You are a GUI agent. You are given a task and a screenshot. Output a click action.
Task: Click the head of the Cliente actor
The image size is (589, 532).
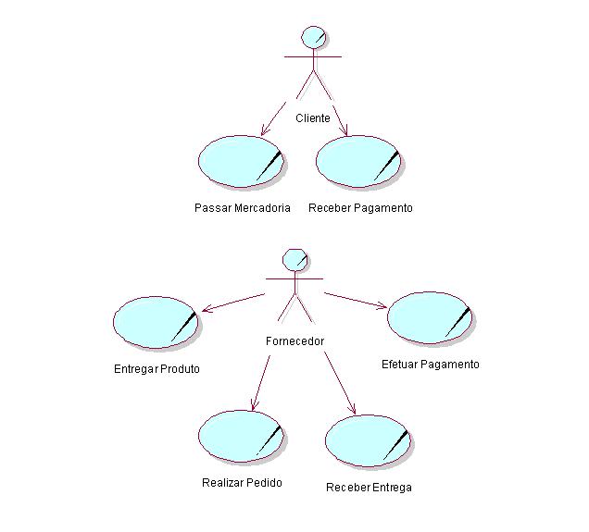click(x=314, y=37)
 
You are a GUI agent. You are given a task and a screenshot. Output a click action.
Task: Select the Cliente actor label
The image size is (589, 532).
click(x=313, y=118)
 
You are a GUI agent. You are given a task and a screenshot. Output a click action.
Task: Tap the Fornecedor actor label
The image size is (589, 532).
click(x=294, y=340)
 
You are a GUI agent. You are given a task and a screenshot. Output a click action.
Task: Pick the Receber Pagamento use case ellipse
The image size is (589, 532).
click(x=358, y=161)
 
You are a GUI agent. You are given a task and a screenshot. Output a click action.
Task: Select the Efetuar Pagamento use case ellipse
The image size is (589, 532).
click(x=430, y=317)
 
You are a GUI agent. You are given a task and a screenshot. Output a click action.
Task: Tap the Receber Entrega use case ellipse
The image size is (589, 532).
click(x=368, y=440)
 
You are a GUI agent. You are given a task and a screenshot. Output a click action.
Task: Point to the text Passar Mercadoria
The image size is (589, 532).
click(x=243, y=208)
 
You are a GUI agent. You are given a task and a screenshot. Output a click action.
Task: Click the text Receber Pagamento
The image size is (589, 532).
click(x=360, y=208)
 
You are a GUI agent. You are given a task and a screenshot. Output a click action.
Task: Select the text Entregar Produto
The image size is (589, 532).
click(x=157, y=369)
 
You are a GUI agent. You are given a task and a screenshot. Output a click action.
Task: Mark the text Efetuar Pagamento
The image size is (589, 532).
click(x=431, y=365)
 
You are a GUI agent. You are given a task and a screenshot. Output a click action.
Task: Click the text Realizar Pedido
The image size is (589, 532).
click(x=242, y=483)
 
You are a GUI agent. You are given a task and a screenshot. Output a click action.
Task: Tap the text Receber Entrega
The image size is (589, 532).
click(x=369, y=488)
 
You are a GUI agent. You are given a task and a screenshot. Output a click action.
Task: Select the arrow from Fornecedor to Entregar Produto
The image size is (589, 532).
click(x=233, y=303)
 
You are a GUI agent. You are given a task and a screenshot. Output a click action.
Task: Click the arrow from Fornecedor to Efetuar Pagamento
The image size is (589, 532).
click(x=356, y=301)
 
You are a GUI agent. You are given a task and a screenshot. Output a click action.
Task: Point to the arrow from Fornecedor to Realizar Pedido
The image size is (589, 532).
click(x=260, y=381)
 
